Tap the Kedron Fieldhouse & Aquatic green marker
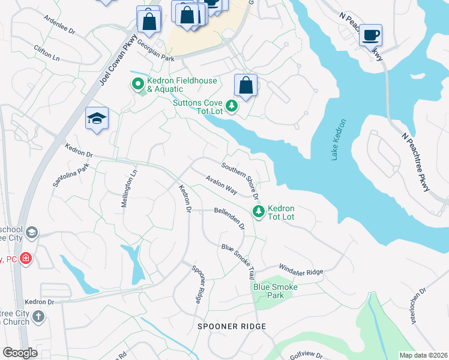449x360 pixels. pyautogui.click(x=137, y=84)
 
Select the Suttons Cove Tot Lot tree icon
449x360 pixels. pyautogui.click(x=232, y=107)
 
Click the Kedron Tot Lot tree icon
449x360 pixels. pyautogui.click(x=259, y=211)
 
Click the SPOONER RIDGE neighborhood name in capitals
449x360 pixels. pyautogui.click(x=231, y=326)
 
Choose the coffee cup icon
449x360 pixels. pyautogui.click(x=371, y=35)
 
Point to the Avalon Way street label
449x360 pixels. pyautogui.click(x=221, y=183)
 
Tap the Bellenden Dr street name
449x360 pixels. pyautogui.click(x=230, y=218)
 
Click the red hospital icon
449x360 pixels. pyautogui.click(x=26, y=259)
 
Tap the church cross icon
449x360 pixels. pyautogui.click(x=38, y=316)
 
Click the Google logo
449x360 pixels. pyautogui.click(x=19, y=353)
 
